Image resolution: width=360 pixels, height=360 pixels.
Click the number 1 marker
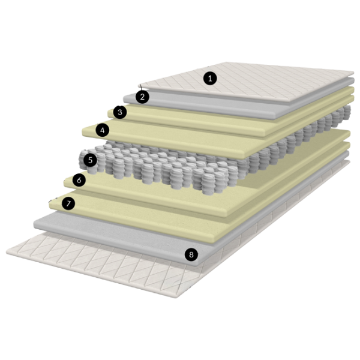pyautogui.click(x=210, y=78)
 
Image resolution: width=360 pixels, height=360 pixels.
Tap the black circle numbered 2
pyautogui.click(x=142, y=97)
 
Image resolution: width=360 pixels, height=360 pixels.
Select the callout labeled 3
pyautogui.click(x=120, y=112)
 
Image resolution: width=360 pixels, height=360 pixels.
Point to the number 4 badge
pyautogui.click(x=103, y=130)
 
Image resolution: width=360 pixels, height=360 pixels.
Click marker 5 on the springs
pyautogui.click(x=90, y=160)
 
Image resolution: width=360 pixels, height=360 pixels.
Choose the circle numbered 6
pyautogui.click(x=79, y=180)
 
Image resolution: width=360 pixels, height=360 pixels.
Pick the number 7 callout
pyautogui.click(x=68, y=203)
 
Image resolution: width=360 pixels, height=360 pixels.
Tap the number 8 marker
pyautogui.click(x=191, y=254)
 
